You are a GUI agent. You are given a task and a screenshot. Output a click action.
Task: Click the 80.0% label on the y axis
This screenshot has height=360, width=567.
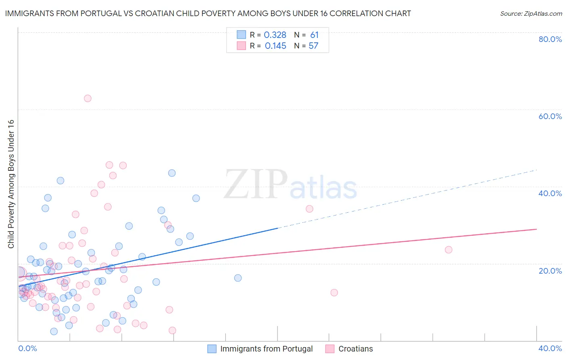tap(550, 39)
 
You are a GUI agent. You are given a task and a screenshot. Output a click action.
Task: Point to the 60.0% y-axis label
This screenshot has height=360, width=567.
tap(550, 116)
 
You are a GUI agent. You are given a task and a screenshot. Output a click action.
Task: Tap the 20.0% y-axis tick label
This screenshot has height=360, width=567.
tap(550, 271)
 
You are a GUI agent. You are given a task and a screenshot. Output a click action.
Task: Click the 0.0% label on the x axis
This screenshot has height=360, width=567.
tap(27, 348)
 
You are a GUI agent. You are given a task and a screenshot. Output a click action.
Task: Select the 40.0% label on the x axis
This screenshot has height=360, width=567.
tap(550, 348)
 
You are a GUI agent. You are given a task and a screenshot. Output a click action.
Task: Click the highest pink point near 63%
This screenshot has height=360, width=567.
tap(88, 98)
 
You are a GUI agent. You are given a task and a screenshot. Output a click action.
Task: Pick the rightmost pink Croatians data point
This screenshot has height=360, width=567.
tap(448, 250)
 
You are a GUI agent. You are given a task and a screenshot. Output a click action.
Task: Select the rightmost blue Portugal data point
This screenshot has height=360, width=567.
tap(238, 278)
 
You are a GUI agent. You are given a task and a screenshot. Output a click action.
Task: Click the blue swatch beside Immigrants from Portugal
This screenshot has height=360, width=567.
tap(212, 349)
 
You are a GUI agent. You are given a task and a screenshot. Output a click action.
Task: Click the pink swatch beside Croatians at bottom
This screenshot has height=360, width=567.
tap(330, 349)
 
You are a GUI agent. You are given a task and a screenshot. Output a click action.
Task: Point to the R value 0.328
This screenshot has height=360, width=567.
tap(275, 35)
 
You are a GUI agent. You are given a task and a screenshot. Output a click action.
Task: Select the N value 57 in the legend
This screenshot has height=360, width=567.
tap(313, 46)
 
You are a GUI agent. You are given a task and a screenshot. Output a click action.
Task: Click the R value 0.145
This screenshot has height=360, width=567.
tap(275, 46)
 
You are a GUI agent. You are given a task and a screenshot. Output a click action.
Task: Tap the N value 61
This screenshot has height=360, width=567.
tap(314, 35)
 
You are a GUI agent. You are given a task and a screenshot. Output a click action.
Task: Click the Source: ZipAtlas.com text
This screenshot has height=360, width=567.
tap(531, 14)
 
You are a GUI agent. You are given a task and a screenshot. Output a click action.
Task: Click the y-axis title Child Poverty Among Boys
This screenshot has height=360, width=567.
tap(11, 184)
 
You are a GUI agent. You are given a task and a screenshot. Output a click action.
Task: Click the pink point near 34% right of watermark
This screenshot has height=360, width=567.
tap(309, 209)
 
